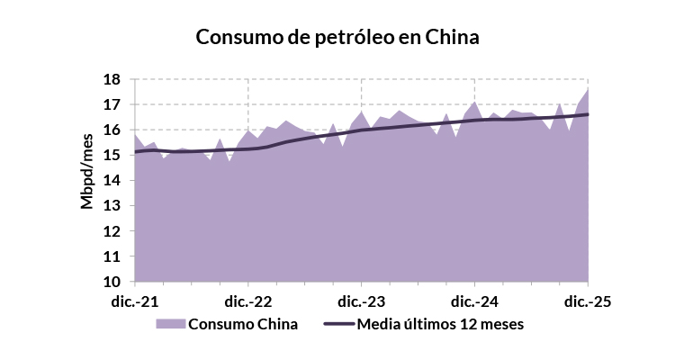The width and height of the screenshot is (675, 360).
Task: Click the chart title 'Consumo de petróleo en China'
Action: click(337, 38)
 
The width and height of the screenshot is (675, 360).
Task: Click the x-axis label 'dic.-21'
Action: click(134, 301)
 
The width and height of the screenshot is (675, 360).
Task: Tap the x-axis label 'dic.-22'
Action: click(248, 301)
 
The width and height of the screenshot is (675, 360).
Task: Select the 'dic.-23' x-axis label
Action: click(362, 301)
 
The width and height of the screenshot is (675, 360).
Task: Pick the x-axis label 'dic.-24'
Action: click(475, 301)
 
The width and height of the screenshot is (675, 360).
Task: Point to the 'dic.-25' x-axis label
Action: click(589, 301)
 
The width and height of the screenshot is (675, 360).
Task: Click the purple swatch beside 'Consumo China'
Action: click(170, 324)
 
